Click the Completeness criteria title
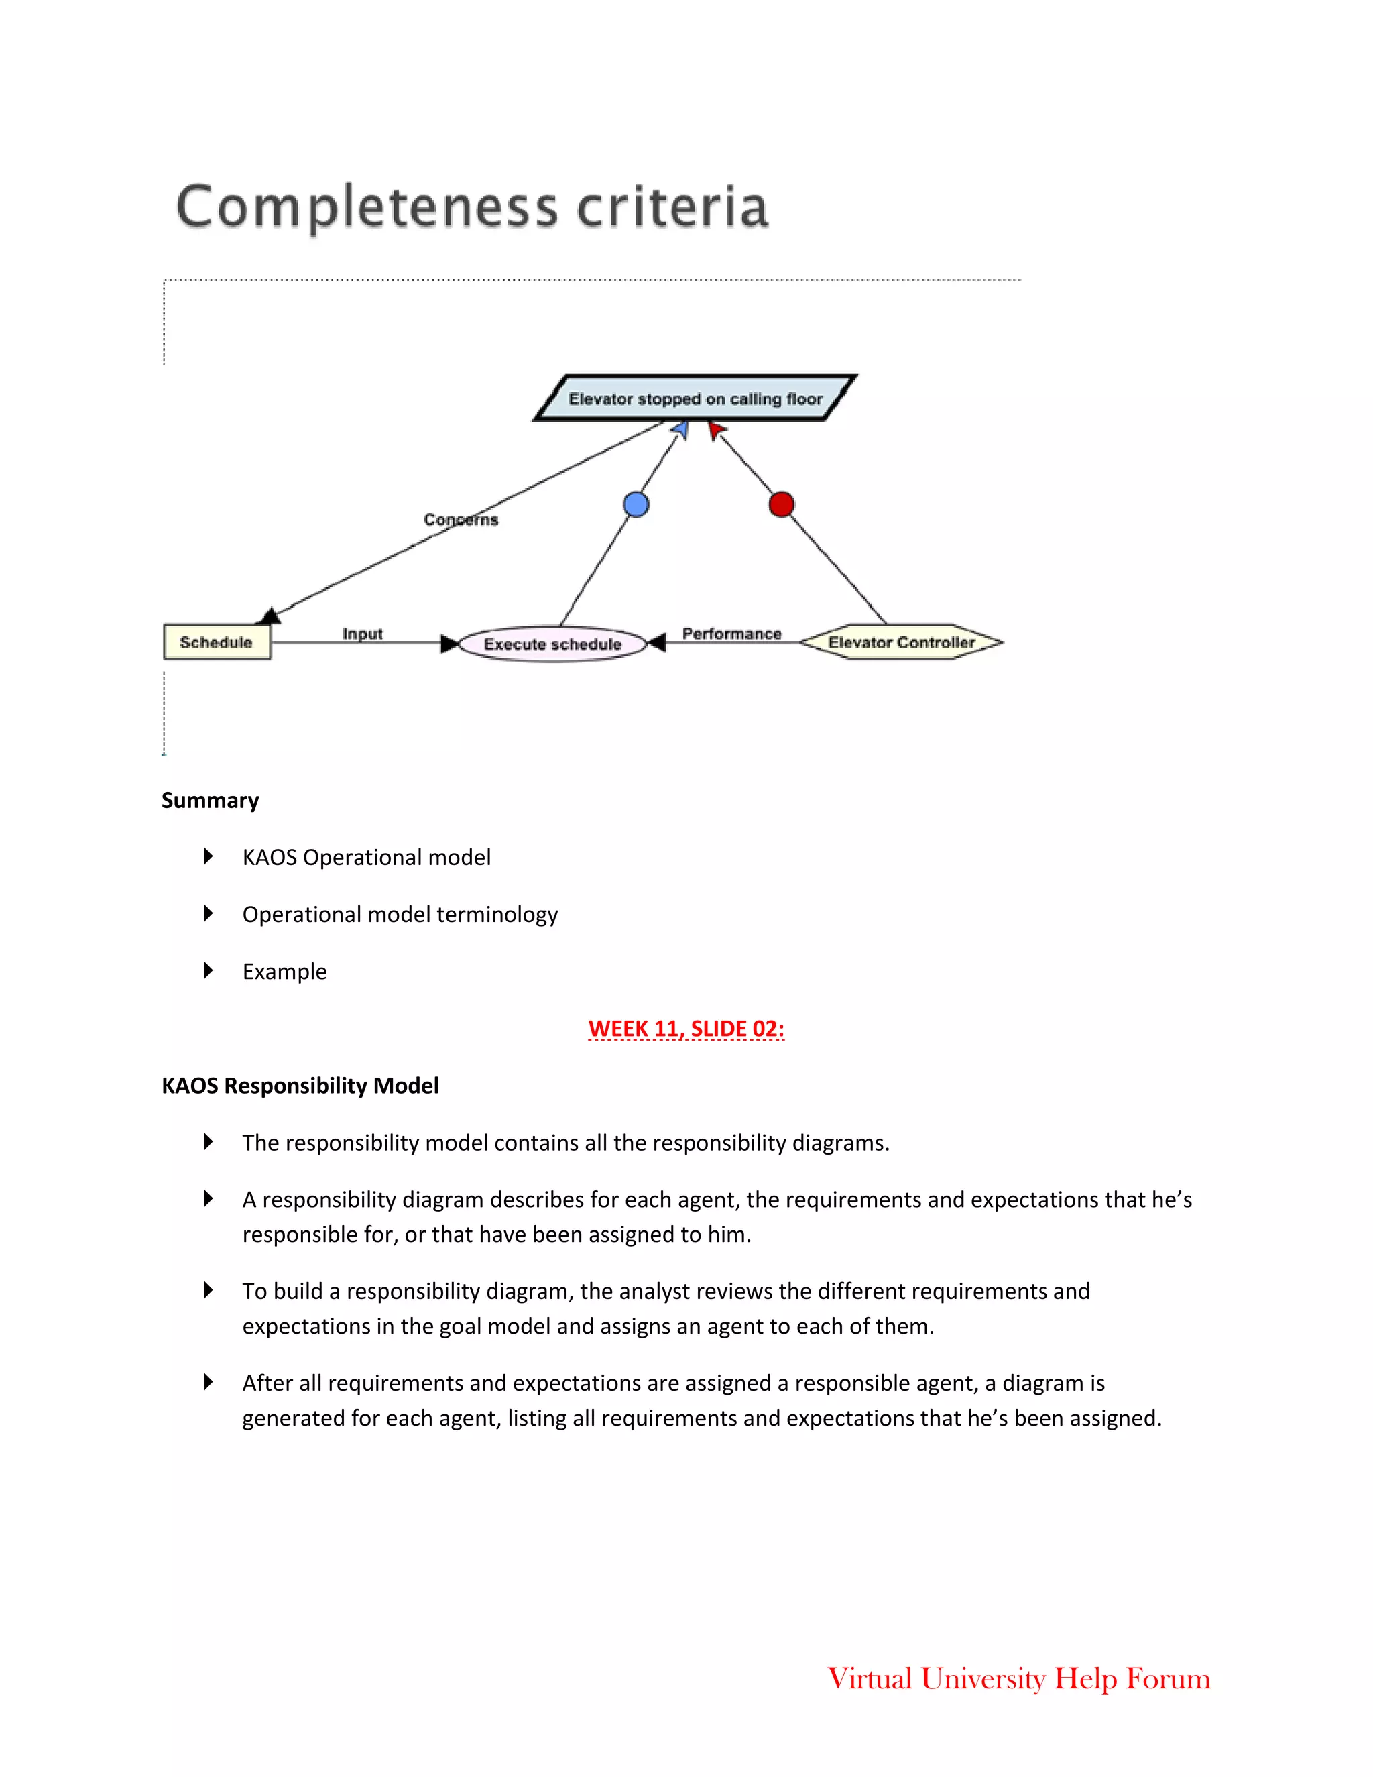coord(473,207)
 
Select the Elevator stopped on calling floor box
coord(695,399)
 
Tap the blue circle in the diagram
coord(636,504)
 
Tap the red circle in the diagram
coord(781,504)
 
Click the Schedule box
coord(217,642)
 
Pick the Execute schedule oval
coord(552,644)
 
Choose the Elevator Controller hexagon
coord(901,642)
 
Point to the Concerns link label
coord(461,519)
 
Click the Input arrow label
coord(362,633)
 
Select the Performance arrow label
coord(731,633)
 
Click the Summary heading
coord(210,801)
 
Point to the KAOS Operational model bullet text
coord(366,858)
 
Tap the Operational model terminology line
coord(400,915)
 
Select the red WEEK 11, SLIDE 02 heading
coord(686,1029)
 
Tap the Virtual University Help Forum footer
coord(1018,1678)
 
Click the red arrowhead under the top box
coord(714,428)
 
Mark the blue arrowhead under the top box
coord(682,428)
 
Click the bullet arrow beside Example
coord(208,971)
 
